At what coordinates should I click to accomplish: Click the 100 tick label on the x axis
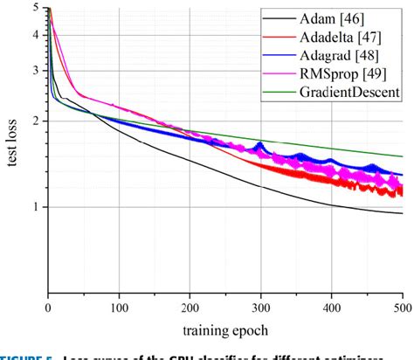point(119,308)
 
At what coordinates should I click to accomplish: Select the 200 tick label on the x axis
point(190,308)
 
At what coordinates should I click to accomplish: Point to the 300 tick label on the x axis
point(261,308)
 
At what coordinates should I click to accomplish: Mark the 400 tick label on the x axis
point(332,308)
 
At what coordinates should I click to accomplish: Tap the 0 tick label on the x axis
point(49,308)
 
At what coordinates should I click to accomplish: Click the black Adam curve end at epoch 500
point(402,213)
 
